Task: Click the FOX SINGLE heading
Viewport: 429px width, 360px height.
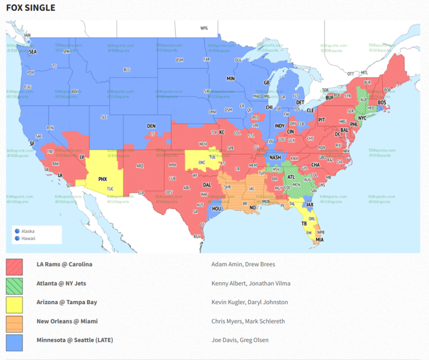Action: [x=31, y=8]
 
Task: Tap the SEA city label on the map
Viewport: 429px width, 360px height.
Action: [x=32, y=51]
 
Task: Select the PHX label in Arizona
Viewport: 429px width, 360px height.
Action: [x=102, y=179]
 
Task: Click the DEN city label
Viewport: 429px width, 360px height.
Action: [x=151, y=126]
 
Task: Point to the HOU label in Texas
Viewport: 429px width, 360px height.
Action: [x=217, y=208]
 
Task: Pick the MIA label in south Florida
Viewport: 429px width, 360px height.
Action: [x=319, y=240]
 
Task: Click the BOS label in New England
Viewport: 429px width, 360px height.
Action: [x=382, y=103]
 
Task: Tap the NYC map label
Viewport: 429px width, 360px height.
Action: [x=362, y=118]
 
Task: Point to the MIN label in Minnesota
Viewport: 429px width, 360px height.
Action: [x=231, y=79]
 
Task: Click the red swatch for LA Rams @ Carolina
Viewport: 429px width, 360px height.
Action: [x=15, y=265]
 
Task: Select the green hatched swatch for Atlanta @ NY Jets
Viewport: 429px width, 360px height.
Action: [x=15, y=284]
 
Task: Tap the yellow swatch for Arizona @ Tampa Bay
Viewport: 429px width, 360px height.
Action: [x=15, y=303]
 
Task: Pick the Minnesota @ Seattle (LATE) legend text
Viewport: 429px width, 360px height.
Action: [x=74, y=340]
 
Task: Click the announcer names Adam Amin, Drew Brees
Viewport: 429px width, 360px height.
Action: [x=243, y=265]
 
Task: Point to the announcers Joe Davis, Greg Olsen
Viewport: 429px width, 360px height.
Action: [x=239, y=340]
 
